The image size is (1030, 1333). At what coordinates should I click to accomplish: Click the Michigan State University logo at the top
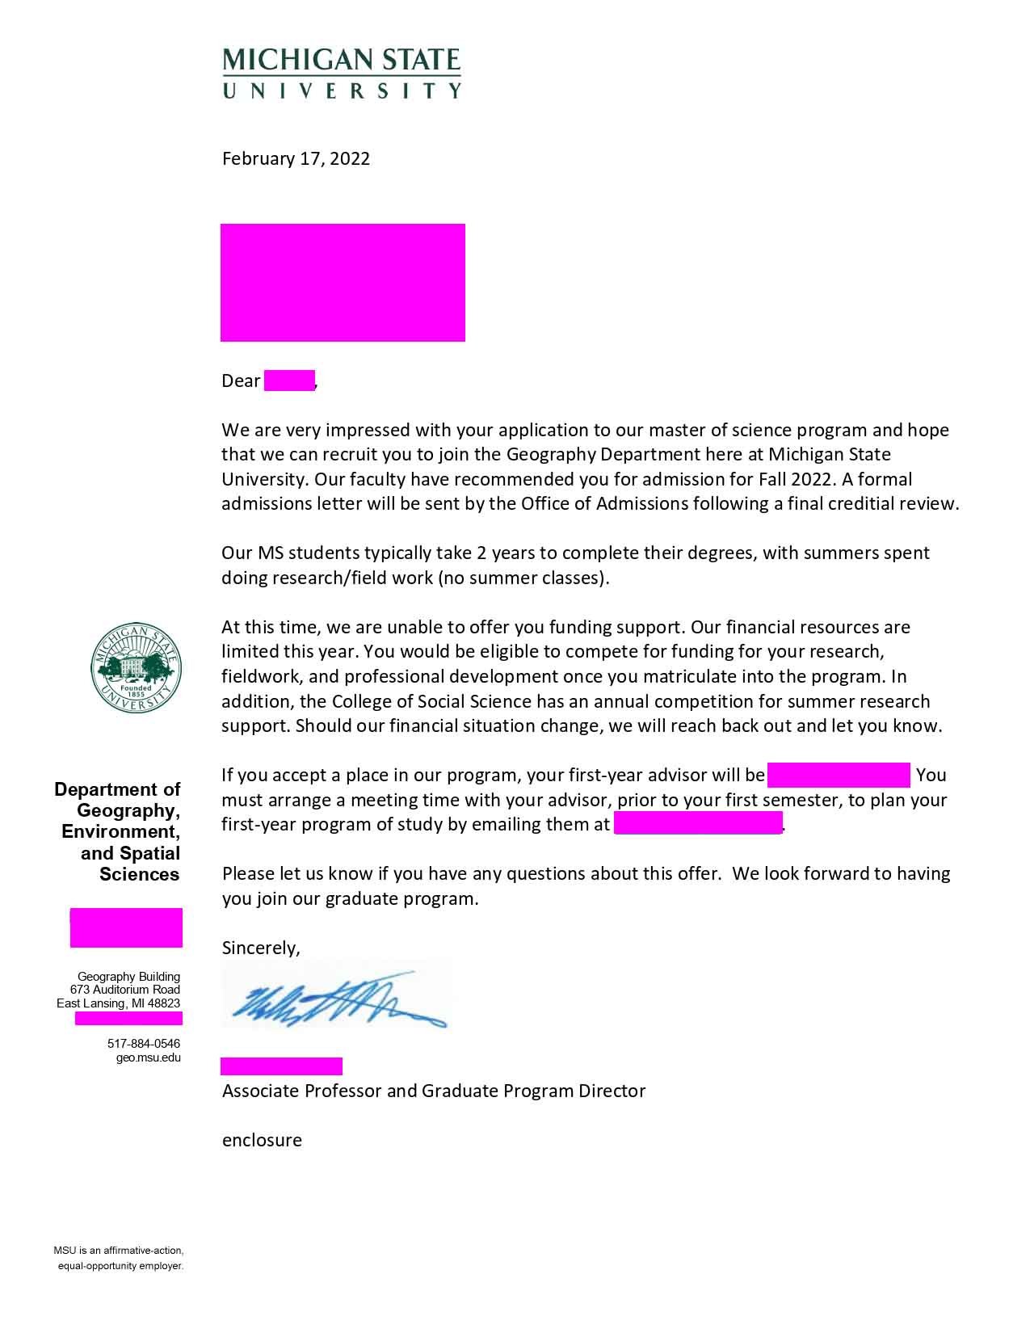coord(342,73)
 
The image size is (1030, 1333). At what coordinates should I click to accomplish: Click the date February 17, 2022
coord(296,158)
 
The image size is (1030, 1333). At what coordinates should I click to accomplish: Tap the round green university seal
coord(136,668)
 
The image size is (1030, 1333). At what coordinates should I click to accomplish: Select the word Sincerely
coord(261,948)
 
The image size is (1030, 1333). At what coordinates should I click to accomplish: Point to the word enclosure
coord(262,1140)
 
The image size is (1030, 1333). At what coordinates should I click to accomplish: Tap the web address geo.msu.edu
coord(149,1057)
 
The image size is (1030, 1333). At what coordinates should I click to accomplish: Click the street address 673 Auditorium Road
coord(125,990)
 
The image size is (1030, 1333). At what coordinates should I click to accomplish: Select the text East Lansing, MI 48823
coord(119,1003)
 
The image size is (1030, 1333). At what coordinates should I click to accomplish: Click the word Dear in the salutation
coord(241,381)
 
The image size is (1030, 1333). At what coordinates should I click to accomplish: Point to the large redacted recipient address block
coord(343,283)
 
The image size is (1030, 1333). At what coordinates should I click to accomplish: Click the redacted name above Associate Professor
coord(281,1066)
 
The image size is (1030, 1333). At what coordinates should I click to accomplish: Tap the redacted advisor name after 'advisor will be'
coord(839,775)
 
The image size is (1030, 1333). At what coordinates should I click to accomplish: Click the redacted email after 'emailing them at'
coord(698,824)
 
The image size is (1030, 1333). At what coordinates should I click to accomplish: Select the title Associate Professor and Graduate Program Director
coord(434,1091)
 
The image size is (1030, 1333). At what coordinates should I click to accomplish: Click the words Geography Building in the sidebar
coord(129,976)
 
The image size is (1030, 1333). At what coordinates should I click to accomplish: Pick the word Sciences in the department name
coord(140,874)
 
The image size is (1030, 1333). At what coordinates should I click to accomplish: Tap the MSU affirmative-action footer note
coord(120,1258)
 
